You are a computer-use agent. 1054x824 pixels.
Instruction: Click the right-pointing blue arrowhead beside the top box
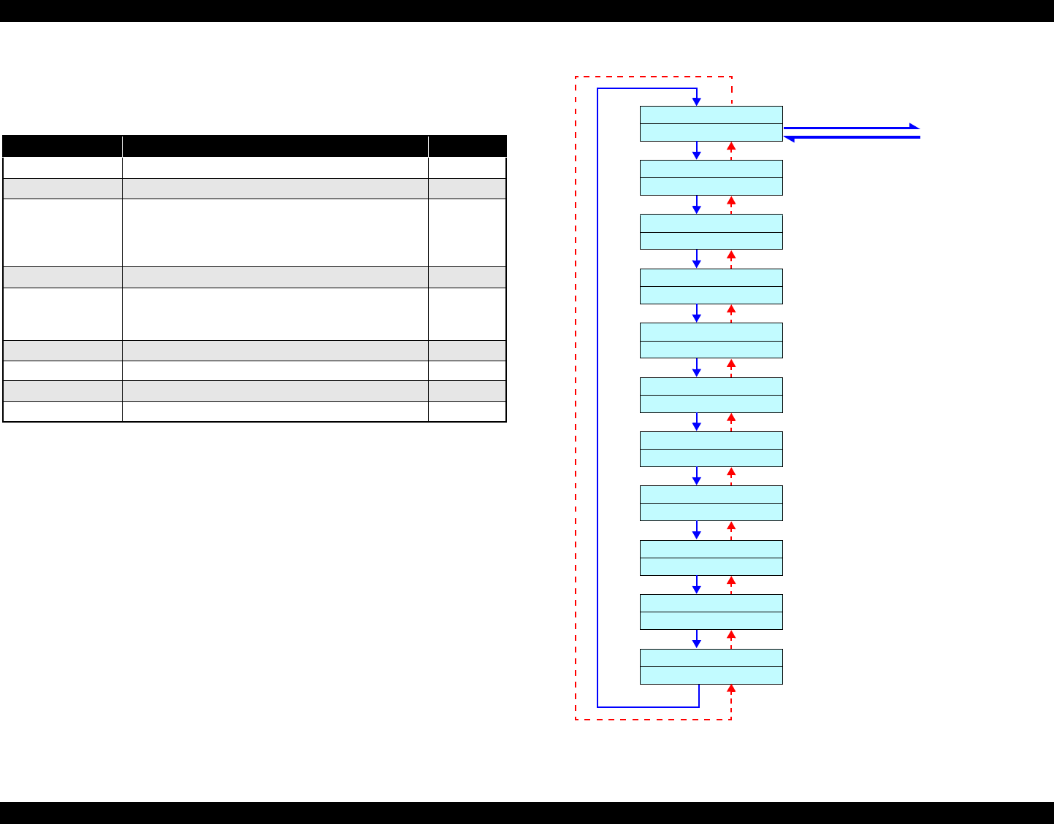[914, 127]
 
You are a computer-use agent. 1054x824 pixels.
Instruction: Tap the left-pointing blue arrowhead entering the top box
[789, 137]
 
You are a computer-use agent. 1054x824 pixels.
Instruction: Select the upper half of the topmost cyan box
[711, 115]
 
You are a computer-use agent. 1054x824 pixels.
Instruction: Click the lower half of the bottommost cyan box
[711, 675]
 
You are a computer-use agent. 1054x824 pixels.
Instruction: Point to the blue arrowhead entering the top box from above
[697, 101]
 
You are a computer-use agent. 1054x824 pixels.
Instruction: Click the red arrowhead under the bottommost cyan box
[731, 689]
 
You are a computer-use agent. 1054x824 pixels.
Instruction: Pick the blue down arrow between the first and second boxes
[697, 151]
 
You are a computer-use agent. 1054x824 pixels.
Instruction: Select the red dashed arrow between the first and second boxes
[731, 150]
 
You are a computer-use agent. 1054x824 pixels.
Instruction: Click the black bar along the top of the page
[527, 10]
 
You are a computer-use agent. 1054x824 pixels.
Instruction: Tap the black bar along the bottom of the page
[527, 813]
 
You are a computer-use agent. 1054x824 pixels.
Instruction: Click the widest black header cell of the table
[275, 146]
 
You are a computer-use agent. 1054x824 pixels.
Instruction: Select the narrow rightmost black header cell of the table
[467, 146]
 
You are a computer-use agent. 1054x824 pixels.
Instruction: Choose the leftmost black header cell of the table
[62, 146]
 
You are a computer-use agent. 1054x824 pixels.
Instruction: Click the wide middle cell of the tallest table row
[275, 233]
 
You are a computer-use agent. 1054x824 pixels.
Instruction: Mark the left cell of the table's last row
[62, 412]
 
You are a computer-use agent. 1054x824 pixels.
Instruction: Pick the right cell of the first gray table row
[467, 189]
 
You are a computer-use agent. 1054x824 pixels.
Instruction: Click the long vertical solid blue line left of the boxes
[597, 398]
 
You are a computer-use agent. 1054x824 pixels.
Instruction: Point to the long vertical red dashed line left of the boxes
[576, 398]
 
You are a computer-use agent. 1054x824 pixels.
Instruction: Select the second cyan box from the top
[711, 177]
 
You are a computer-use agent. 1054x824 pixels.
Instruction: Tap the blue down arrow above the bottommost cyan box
[697, 639]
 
